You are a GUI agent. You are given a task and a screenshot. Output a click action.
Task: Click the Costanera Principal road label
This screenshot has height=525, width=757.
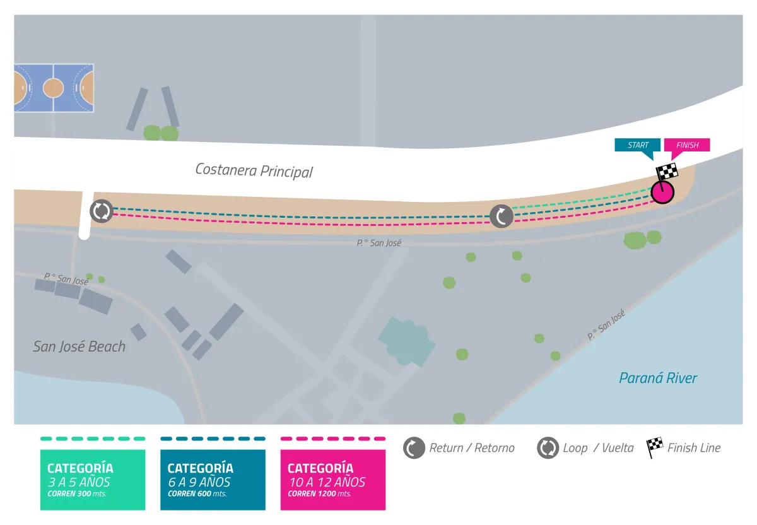254,170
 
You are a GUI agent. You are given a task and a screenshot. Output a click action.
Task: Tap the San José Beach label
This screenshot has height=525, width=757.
79,346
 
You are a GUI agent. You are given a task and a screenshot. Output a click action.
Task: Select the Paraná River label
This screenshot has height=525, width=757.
658,378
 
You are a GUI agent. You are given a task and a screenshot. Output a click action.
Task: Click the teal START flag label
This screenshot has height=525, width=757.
638,145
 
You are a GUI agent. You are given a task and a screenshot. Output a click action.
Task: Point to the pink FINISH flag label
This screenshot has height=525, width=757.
687,145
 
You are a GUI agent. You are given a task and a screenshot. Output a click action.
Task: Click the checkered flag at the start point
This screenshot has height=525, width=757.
667,172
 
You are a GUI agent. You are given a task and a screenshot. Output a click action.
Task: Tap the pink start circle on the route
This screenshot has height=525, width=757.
662,192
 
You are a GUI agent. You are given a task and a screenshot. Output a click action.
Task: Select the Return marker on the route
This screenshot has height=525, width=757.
502,216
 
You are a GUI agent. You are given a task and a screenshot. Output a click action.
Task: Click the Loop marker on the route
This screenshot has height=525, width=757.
102,211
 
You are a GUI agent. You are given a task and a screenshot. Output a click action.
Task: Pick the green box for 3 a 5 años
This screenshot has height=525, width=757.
93,480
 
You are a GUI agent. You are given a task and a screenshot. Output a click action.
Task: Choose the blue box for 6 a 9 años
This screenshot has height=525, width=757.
213,480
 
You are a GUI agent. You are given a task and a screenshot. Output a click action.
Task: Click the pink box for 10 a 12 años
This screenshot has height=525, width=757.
333,480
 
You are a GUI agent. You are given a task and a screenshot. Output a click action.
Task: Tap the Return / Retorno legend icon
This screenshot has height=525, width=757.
414,448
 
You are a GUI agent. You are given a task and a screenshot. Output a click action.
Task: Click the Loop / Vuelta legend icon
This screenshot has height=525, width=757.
548,448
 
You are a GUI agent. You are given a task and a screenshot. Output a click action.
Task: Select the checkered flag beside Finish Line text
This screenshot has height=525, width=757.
654,447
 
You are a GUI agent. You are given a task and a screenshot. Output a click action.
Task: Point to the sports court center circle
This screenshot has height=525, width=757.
54,88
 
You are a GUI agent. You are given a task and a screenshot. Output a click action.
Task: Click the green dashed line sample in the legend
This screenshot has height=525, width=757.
93,439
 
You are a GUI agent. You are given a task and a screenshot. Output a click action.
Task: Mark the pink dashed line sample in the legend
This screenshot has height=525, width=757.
333,439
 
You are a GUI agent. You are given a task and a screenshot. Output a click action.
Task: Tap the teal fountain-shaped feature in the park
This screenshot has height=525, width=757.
407,341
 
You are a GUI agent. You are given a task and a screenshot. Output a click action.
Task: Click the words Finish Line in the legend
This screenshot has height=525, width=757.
694,448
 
